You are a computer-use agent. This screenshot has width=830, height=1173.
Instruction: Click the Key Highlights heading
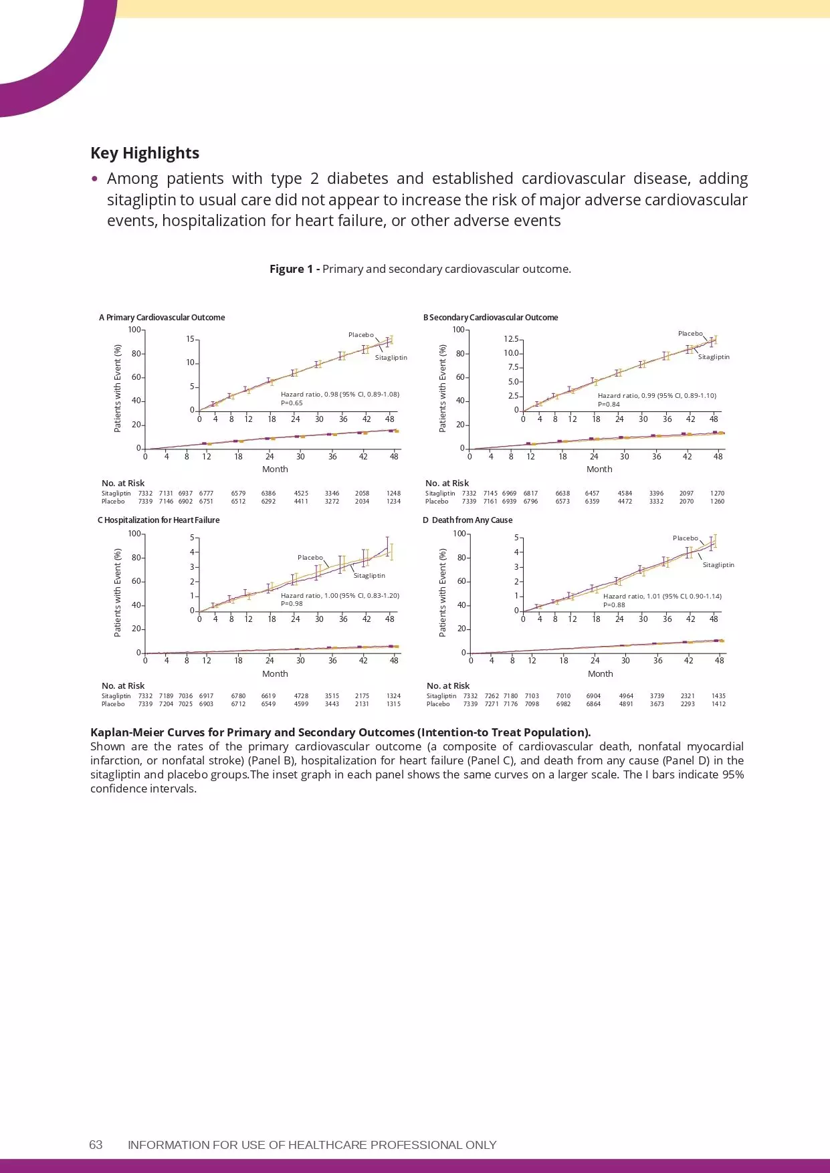(144, 153)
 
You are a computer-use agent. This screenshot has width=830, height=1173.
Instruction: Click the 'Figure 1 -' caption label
(294, 269)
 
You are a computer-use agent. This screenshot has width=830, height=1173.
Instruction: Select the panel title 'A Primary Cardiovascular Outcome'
(162, 318)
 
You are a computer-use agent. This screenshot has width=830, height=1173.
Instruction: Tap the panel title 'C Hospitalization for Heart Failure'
(159, 520)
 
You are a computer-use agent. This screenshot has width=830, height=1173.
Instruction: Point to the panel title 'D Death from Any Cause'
(468, 520)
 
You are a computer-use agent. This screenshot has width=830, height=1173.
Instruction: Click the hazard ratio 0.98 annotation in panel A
(340, 395)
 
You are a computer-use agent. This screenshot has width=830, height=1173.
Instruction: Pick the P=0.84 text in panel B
(608, 405)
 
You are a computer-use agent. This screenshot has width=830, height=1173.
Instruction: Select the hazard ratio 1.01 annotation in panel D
(662, 597)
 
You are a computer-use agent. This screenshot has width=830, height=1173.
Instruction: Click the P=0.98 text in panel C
(292, 604)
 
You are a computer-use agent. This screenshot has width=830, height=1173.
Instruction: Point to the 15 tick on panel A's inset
(190, 339)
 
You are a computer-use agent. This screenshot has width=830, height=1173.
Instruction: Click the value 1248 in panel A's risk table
(393, 494)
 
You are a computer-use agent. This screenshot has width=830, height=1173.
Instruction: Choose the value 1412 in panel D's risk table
(718, 704)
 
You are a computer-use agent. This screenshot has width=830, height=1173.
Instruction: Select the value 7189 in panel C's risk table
(166, 696)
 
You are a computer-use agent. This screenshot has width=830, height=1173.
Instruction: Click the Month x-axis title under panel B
(599, 469)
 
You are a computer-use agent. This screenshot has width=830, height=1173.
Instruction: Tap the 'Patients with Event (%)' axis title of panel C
(118, 593)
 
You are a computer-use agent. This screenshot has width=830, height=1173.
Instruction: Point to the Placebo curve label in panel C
(310, 557)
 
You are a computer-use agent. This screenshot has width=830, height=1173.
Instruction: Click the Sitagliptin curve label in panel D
(718, 565)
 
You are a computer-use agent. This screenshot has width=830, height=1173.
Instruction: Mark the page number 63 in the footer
(96, 1145)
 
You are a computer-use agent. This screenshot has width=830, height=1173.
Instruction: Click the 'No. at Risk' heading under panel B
(447, 484)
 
